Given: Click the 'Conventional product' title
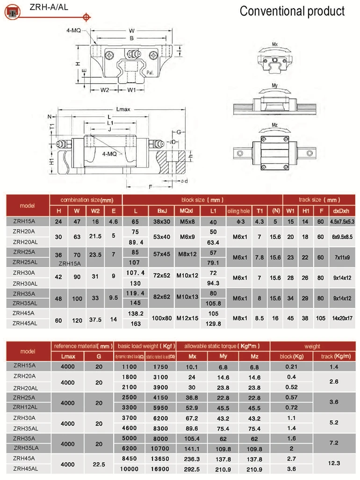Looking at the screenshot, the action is click(292, 11).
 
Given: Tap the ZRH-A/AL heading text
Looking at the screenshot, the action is click(49, 7).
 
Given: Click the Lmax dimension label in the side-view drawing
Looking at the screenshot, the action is click(123, 109).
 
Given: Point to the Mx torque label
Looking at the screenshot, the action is click(274, 44).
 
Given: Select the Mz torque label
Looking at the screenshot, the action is click(274, 125).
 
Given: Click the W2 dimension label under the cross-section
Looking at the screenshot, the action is click(104, 90).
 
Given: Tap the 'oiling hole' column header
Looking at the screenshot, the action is click(238, 211).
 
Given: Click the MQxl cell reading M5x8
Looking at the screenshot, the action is click(187, 222).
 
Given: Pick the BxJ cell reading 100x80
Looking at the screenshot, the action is click(162, 319).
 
